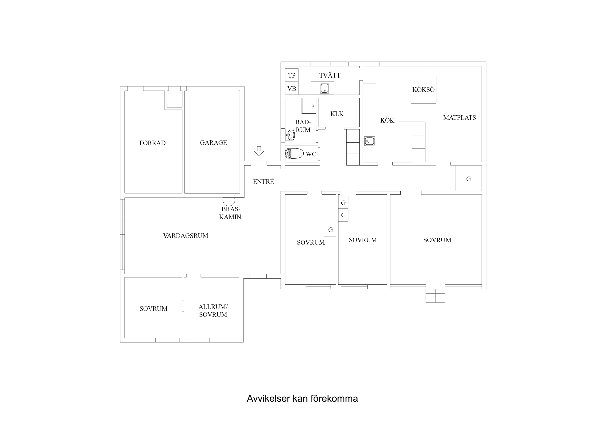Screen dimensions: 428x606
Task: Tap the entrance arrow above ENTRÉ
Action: tap(259, 151)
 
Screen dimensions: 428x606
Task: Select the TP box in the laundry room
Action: tap(292, 75)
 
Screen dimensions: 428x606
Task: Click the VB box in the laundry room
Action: tap(292, 89)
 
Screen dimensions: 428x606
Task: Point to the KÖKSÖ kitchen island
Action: tap(423, 90)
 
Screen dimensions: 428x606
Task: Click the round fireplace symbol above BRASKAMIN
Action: tap(229, 201)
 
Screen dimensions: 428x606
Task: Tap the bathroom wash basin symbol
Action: tap(290, 135)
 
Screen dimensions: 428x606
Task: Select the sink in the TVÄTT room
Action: tap(324, 88)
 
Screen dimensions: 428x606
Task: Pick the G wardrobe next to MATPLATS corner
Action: tap(469, 179)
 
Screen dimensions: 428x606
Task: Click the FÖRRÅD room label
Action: tap(152, 143)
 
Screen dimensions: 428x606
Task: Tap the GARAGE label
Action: tap(213, 143)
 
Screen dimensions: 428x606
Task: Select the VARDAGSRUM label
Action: tap(186, 236)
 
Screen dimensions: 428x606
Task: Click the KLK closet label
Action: tap(337, 114)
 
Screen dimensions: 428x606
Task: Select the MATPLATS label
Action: tap(459, 118)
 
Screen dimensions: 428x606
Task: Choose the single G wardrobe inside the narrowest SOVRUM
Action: tap(330, 230)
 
